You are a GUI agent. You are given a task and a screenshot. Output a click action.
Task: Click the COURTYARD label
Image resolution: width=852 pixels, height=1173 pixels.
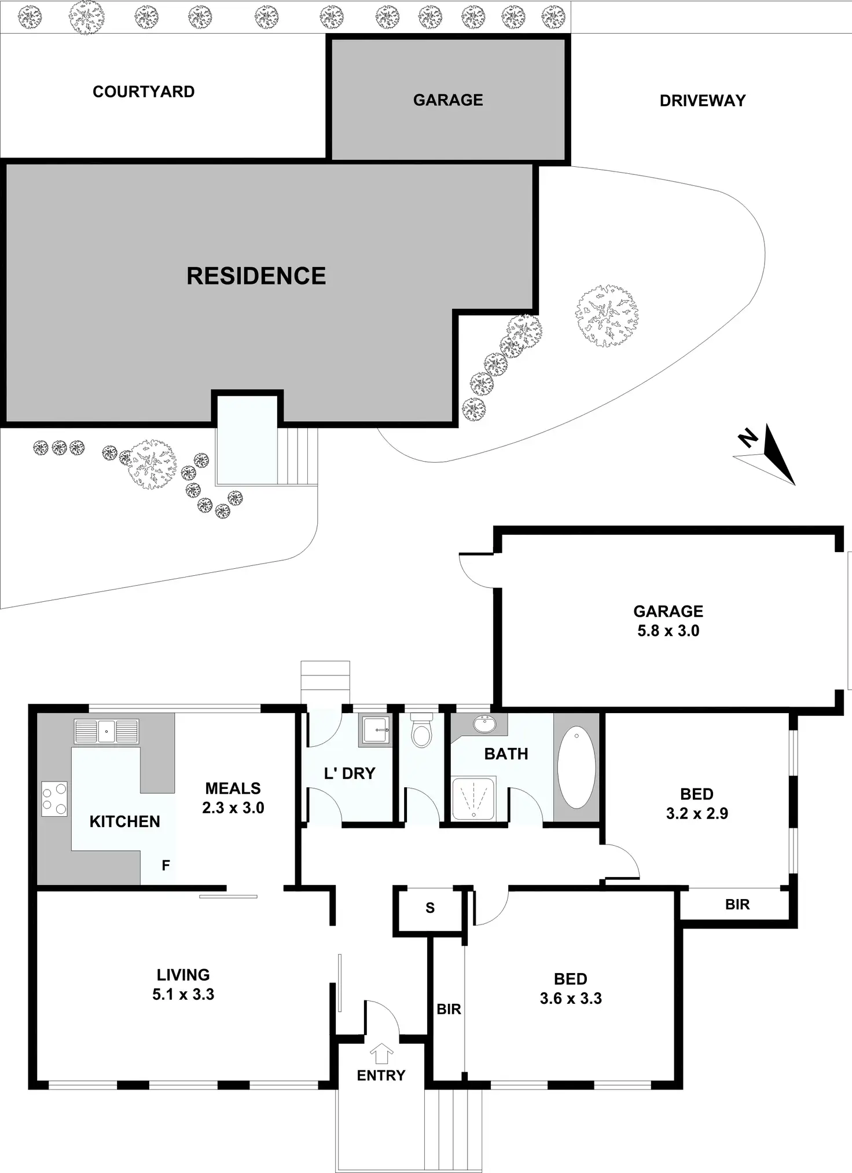pyautogui.click(x=144, y=92)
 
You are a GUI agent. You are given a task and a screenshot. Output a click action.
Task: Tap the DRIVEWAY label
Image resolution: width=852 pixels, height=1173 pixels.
pyautogui.click(x=702, y=101)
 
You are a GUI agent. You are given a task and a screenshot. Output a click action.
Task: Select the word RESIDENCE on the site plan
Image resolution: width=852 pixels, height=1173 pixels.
pyautogui.click(x=256, y=276)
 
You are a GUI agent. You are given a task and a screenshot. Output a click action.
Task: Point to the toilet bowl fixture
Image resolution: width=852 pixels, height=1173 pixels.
pyautogui.click(x=421, y=732)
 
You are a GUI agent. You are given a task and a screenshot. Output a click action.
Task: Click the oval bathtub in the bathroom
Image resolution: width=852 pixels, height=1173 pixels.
pyautogui.click(x=576, y=767)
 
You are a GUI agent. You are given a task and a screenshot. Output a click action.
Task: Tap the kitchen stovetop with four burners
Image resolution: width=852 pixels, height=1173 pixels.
pyautogui.click(x=54, y=799)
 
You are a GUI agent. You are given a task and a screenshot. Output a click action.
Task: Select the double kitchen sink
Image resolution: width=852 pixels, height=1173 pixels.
pyautogui.click(x=106, y=731)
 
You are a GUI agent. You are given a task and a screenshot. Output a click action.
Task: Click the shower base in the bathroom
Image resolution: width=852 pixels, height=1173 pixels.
pyautogui.click(x=473, y=799)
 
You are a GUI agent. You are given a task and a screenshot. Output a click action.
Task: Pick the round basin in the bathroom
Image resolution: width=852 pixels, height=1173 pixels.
pyautogui.click(x=484, y=724)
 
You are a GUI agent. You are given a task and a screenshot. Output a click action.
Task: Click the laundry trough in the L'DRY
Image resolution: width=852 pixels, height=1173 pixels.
pyautogui.click(x=376, y=730)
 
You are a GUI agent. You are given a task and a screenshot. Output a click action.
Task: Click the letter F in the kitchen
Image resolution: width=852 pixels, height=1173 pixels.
pyautogui.click(x=166, y=865)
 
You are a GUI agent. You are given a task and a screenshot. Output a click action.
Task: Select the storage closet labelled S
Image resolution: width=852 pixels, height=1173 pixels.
pyautogui.click(x=429, y=908)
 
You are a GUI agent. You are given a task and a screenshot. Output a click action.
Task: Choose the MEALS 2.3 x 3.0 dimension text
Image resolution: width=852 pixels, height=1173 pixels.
pyautogui.click(x=233, y=807)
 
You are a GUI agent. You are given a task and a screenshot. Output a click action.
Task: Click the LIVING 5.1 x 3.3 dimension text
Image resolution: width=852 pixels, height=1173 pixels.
pyautogui.click(x=183, y=994)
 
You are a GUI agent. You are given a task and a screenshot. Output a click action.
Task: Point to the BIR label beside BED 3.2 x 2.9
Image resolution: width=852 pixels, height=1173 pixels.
pyautogui.click(x=737, y=905)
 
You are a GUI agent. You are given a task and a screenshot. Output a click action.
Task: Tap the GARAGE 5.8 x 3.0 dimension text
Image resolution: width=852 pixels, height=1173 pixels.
pyautogui.click(x=668, y=630)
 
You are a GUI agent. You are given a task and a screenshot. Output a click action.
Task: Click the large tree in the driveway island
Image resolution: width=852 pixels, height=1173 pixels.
pyautogui.click(x=606, y=316)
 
